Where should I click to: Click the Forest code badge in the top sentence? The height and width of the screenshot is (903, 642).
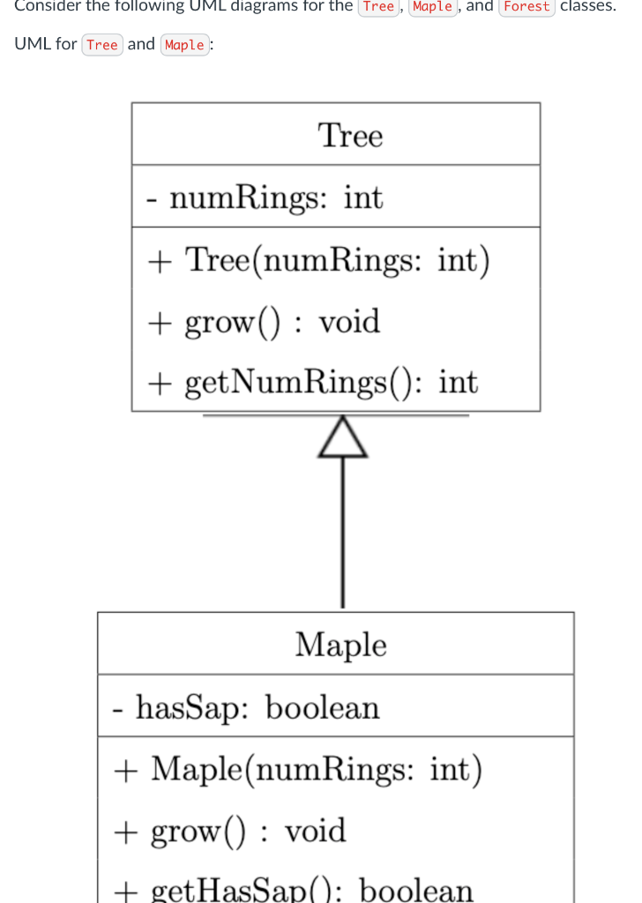pyautogui.click(x=526, y=7)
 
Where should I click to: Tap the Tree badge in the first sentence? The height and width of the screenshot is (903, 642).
pyautogui.click(x=378, y=7)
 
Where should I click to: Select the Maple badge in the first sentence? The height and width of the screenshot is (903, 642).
pyautogui.click(x=432, y=7)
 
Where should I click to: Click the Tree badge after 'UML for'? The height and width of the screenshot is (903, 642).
pyautogui.click(x=102, y=45)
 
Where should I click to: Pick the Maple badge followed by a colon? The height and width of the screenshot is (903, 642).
pyautogui.click(x=184, y=45)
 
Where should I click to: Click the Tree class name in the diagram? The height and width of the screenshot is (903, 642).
pyautogui.click(x=350, y=136)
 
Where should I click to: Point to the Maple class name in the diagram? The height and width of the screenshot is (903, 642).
pyautogui.click(x=340, y=645)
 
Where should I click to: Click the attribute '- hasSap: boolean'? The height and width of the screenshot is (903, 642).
pyautogui.click(x=247, y=707)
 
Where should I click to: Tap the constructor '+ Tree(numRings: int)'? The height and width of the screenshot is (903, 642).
pyautogui.click(x=318, y=260)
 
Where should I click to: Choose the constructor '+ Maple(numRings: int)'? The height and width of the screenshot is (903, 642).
pyautogui.click(x=298, y=769)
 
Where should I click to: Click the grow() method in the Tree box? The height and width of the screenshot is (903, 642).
pyautogui.click(x=264, y=322)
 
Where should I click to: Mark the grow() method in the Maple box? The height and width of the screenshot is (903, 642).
pyautogui.click(x=229, y=831)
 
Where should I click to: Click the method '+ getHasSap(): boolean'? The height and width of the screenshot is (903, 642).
pyautogui.click(x=293, y=889)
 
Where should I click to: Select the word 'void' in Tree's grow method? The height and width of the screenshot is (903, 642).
pyautogui.click(x=349, y=322)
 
